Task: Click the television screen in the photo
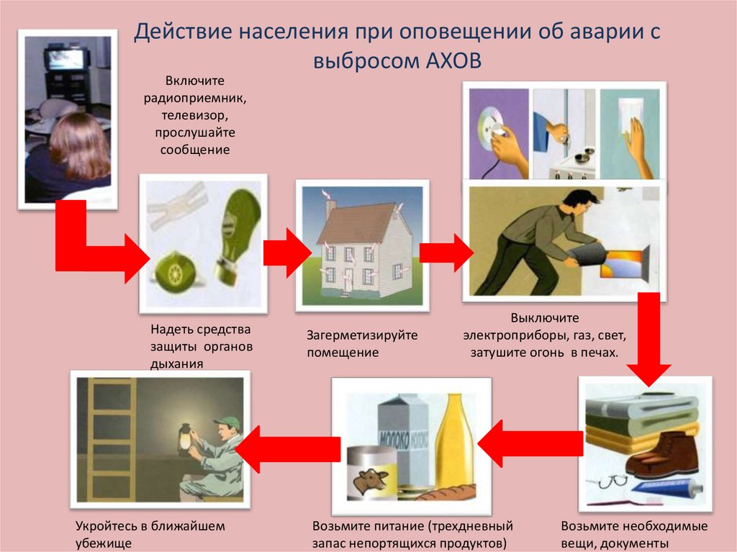coord(65,59)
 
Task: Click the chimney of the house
coord(330,208)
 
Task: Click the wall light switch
coord(630,113)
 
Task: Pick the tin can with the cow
coord(373,473)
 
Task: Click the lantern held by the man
coord(186,438)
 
